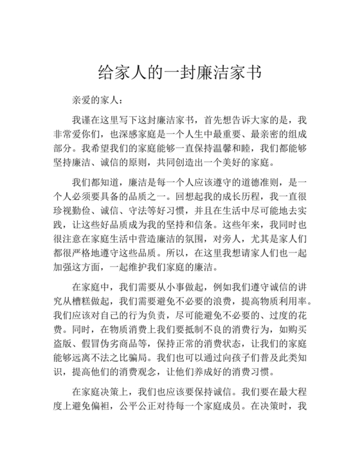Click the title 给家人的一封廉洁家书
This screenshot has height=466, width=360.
(x=179, y=71)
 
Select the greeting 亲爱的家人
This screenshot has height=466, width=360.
(x=93, y=100)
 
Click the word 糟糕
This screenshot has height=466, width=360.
(x=93, y=300)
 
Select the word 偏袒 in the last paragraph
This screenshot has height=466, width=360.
(x=113, y=406)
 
